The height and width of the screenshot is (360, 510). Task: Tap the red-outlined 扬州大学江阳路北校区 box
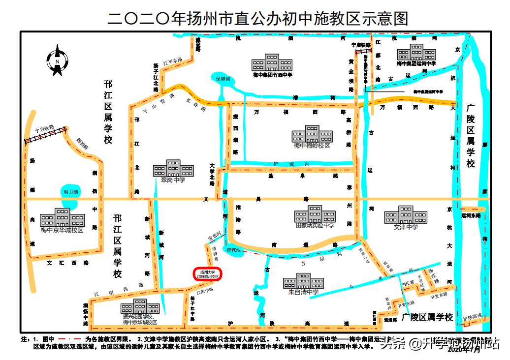click(x=207, y=274)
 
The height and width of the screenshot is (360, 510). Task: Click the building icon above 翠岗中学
click(x=169, y=168)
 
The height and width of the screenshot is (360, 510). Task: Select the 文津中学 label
click(x=406, y=227)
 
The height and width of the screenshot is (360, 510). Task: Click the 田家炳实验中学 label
click(x=315, y=225)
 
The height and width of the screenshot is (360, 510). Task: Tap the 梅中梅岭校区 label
click(x=312, y=146)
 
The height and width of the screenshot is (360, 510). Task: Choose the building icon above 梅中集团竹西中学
click(x=272, y=62)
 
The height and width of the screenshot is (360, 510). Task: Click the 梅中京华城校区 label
click(x=62, y=230)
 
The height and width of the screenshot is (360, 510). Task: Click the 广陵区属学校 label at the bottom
click(x=427, y=317)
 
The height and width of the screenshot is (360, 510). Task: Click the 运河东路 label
click(x=471, y=215)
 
